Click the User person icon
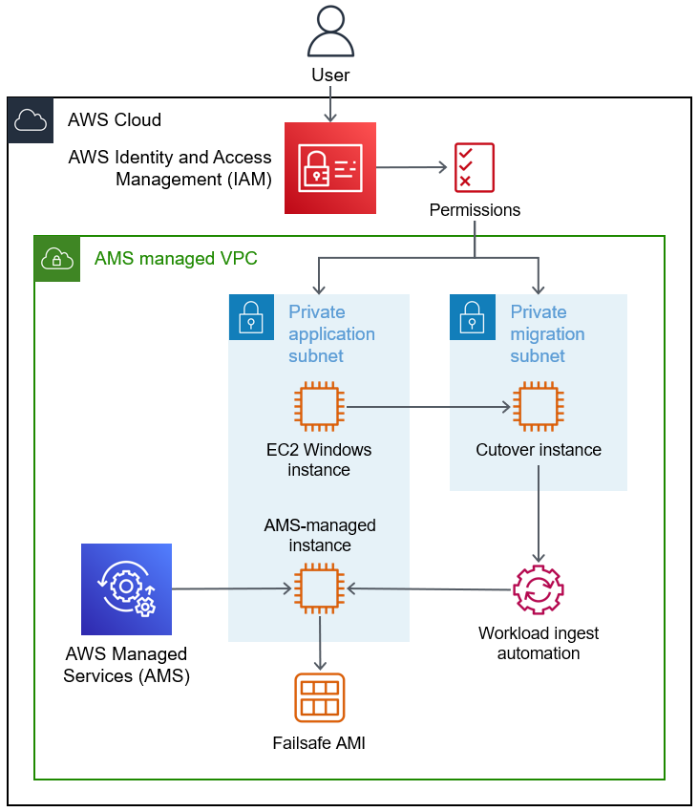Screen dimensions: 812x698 [329, 32]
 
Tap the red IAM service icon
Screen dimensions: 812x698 [330, 168]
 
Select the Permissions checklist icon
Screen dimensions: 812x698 [474, 167]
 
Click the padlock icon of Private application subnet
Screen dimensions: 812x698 [251, 317]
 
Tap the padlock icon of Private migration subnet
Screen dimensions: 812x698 [473, 317]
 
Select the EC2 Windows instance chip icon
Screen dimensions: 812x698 [320, 406]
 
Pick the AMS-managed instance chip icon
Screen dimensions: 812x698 [320, 588]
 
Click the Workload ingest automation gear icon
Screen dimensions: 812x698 [539, 589]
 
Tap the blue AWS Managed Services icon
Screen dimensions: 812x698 [126, 589]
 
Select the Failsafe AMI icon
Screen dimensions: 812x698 [320, 698]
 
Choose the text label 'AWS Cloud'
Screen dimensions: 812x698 [115, 120]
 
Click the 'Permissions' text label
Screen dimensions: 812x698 [475, 210]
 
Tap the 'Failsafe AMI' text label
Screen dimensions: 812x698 [319, 742]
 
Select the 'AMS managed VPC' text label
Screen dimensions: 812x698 [176, 259]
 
